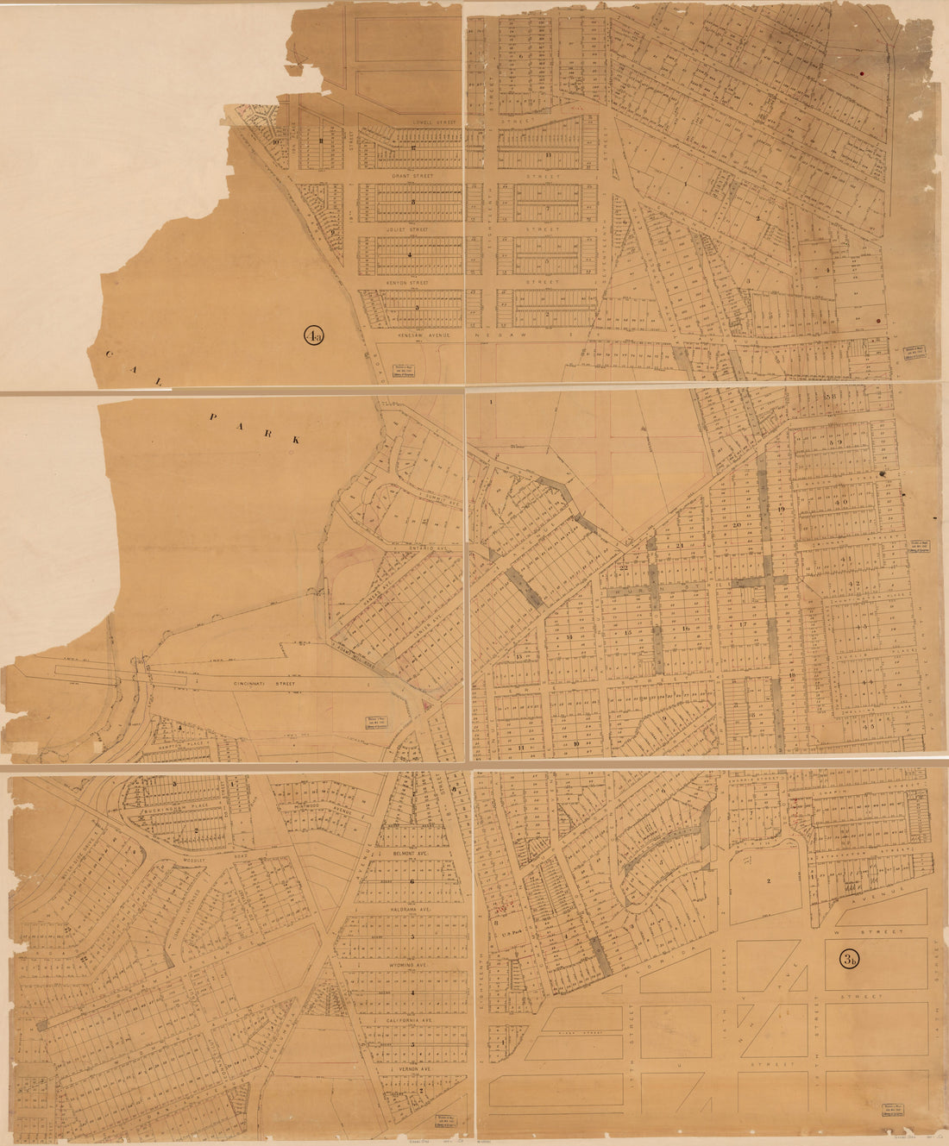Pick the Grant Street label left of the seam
click(x=411, y=176)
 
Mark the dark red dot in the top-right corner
click(x=861, y=72)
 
